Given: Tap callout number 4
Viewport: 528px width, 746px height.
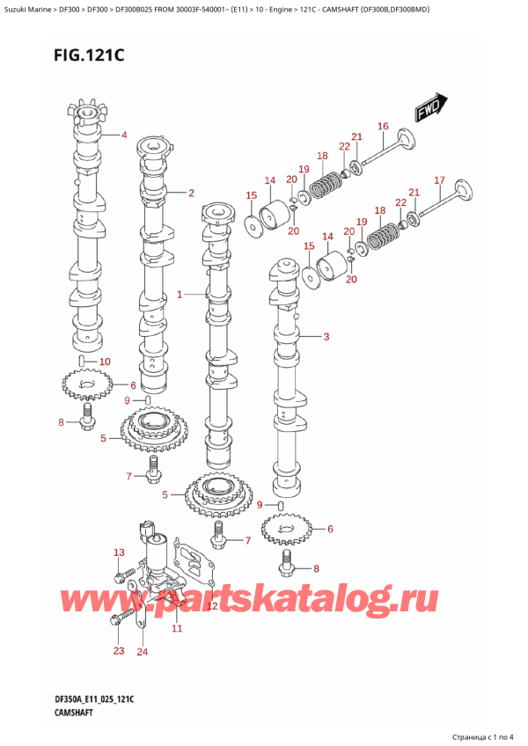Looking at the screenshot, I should tap(124, 135).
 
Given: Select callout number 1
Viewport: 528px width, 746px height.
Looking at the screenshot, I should tap(180, 295).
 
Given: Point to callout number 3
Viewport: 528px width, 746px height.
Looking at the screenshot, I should tap(326, 336).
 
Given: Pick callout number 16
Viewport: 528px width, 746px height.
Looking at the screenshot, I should tap(383, 127).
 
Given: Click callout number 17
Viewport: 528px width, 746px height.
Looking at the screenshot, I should tap(439, 181).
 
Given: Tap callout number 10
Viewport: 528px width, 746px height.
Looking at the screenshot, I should tap(106, 362).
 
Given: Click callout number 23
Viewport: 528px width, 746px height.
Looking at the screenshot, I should tap(120, 650).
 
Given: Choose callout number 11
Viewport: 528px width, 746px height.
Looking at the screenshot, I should tap(177, 628).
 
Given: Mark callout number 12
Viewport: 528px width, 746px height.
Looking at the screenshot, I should tap(212, 606).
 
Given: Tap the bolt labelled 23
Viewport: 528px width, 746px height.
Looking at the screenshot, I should tap(116, 621).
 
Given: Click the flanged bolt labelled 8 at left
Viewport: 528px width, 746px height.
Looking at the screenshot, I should tap(87, 424).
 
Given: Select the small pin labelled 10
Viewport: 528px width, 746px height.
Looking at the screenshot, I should tap(81, 361).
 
